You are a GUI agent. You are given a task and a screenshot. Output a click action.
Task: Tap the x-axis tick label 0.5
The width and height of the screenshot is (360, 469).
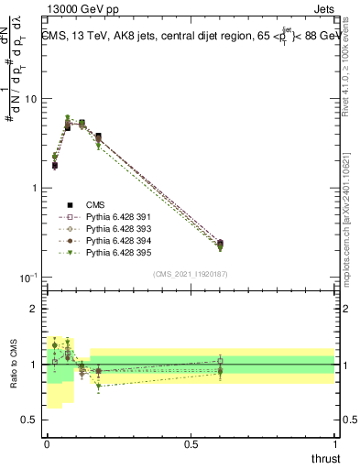[x=191, y=444]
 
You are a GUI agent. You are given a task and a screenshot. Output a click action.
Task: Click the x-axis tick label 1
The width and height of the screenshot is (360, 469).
[x=334, y=444]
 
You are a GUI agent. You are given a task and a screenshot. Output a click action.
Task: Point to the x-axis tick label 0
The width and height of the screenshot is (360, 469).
[x=47, y=444]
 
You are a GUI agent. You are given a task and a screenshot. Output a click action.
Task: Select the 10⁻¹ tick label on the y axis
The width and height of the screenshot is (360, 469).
[x=29, y=278]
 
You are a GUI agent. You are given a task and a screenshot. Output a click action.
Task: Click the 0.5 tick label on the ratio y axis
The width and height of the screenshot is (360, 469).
[x=31, y=420]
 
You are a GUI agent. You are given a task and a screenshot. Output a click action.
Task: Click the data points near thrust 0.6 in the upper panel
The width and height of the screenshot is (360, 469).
[x=220, y=245]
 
